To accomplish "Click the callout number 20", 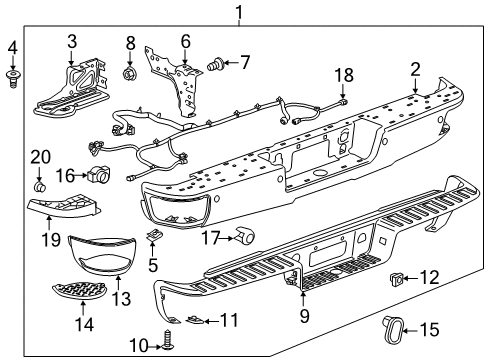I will click(38, 156).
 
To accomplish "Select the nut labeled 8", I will click(129, 74).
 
